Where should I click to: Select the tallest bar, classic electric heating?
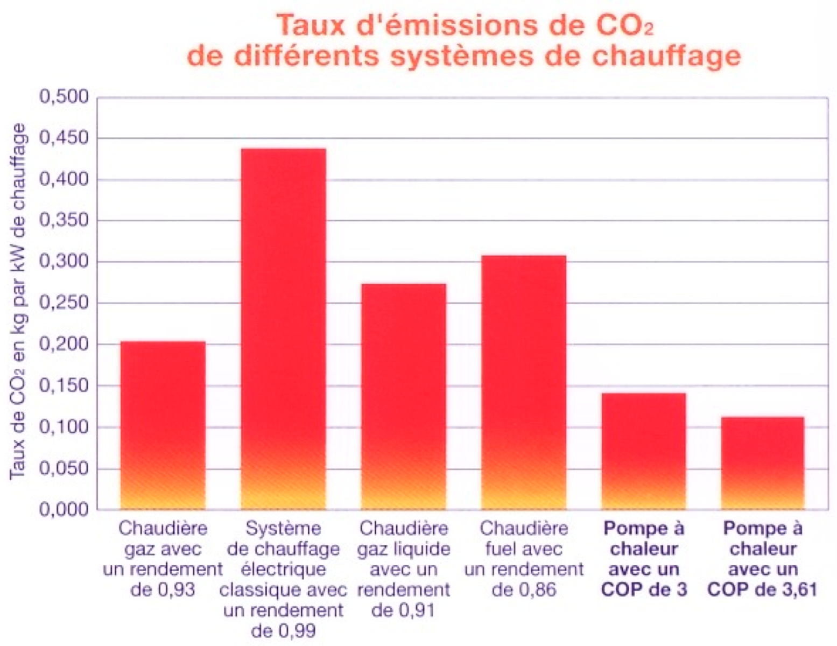click(283, 328)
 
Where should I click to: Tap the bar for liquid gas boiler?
click(403, 396)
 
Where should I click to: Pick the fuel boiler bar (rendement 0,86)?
click(523, 382)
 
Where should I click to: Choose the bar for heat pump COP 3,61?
click(762, 463)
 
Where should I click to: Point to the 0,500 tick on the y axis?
click(64, 97)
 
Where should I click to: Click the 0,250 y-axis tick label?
click(64, 303)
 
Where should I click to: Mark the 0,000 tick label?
click(64, 509)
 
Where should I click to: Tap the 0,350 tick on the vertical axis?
click(64, 221)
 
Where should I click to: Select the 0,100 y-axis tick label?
click(64, 427)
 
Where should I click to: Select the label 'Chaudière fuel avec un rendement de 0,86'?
click(524, 559)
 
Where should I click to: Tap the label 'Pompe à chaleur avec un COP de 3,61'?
click(762, 559)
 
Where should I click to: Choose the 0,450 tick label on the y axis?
click(64, 138)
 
